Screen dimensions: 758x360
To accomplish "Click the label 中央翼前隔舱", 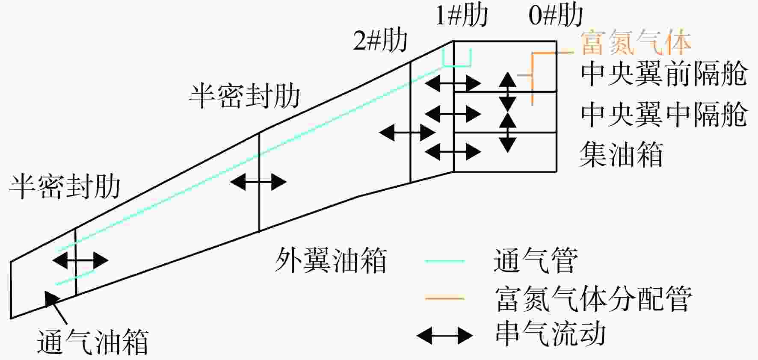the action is coord(663,74).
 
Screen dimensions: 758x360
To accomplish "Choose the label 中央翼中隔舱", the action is coord(663,114).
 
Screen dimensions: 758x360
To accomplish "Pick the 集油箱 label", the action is coord(621,154).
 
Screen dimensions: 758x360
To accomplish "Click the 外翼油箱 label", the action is coord(330,260).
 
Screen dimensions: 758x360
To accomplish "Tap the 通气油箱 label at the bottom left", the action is coord(93,342).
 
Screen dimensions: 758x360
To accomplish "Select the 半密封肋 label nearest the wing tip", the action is coord(65,186).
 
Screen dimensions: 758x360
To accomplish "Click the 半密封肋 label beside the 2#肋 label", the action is coord(245,95).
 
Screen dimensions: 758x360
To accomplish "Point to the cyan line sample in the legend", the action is coord(445,260).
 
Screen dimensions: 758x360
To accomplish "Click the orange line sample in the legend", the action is coord(445,298).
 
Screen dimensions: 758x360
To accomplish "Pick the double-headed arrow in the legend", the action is coord(445,336).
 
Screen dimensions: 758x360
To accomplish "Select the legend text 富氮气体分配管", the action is coord(593,298).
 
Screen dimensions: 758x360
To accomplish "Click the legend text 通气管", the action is coord(536,260).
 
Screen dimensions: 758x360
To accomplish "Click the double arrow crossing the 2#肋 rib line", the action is coord(407,133).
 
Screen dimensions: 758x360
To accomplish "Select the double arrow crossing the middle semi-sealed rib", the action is coord(258,182).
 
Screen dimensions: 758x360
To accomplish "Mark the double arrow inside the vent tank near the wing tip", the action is coord(80,260).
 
